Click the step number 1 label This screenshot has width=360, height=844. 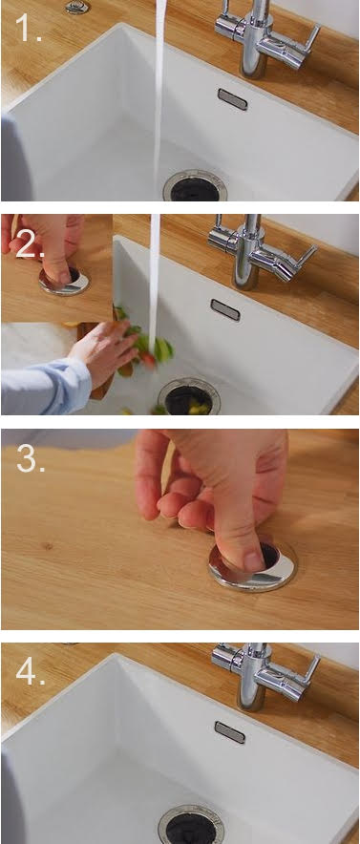(x=28, y=29)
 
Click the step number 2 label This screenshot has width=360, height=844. (x=31, y=245)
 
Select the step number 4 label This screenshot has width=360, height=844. (x=31, y=671)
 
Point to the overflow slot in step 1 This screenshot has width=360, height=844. (x=232, y=99)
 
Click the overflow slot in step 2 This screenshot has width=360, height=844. (x=225, y=310)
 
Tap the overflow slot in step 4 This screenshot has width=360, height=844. (x=230, y=732)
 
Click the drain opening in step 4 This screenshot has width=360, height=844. (x=191, y=825)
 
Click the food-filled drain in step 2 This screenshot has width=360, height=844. (x=188, y=397)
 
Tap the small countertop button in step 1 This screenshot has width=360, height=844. (x=77, y=7)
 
